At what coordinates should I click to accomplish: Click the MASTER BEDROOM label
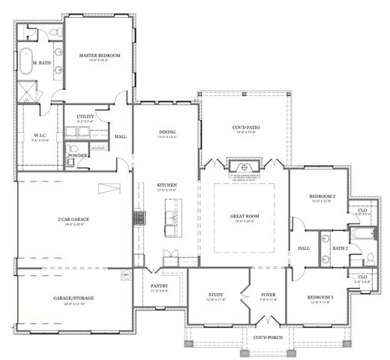[x=100, y=55]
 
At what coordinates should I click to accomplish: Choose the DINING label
[x=166, y=133]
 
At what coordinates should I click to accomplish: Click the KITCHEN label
[x=166, y=184]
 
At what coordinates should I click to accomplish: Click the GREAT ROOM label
[x=244, y=217]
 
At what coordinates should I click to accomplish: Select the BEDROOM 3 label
[x=321, y=297]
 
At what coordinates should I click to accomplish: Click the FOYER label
[x=268, y=295]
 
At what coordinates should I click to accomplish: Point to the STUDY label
[x=216, y=295]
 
